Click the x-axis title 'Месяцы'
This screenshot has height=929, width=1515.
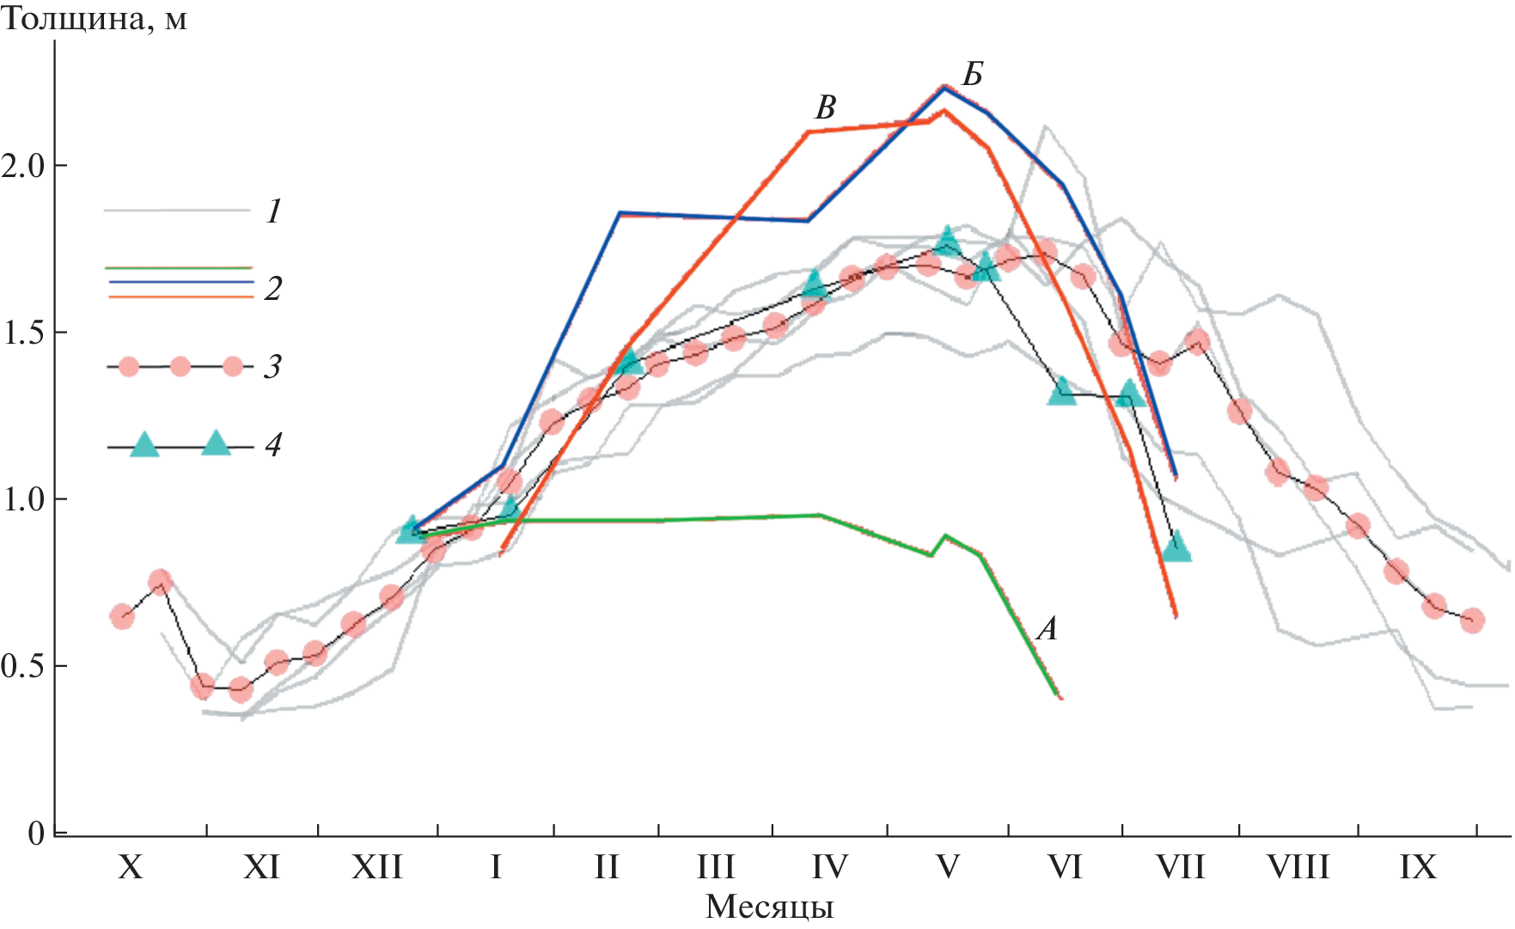pyautogui.click(x=769, y=907)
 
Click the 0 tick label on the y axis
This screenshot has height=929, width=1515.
pyautogui.click(x=35, y=833)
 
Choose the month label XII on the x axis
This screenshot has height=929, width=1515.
pyautogui.click(x=377, y=867)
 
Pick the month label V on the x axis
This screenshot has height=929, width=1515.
pyautogui.click(x=947, y=867)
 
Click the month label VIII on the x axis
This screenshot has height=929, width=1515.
pyautogui.click(x=1298, y=867)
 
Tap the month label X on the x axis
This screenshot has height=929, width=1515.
pyautogui.click(x=130, y=867)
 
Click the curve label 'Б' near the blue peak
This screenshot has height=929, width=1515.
pyautogui.click(x=972, y=76)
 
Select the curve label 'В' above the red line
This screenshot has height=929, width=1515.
pyautogui.click(x=825, y=108)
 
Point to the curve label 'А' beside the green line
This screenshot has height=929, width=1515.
pyautogui.click(x=1047, y=630)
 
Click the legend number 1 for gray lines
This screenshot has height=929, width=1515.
pyautogui.click(x=273, y=211)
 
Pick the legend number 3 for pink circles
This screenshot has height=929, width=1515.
pyautogui.click(x=272, y=367)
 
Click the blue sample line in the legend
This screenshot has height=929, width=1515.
pyautogui.click(x=180, y=282)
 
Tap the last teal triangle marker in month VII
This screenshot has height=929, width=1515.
pyautogui.click(x=1176, y=547)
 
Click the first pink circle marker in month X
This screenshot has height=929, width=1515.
pyautogui.click(x=122, y=616)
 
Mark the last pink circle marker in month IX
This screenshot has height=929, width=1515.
pyautogui.click(x=1472, y=620)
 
